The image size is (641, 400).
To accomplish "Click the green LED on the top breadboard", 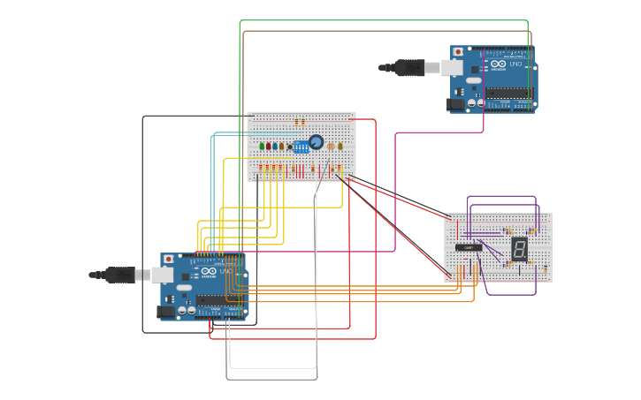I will [x=262, y=146].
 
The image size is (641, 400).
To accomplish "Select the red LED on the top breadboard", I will [x=269, y=146].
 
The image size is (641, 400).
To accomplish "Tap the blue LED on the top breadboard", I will [x=276, y=146].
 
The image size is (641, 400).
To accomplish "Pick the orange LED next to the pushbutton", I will [x=282, y=146].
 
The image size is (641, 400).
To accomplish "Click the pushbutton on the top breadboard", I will [x=290, y=147].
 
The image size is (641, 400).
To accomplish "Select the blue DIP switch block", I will [x=301, y=147].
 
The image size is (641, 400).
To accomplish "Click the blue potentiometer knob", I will [x=316, y=142].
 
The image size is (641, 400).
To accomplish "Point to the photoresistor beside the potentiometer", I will [x=331, y=147].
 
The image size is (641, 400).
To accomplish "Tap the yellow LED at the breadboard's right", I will [x=340, y=146].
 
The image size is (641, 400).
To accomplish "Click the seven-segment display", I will [x=520, y=248].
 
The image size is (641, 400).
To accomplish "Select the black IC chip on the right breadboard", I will [x=469, y=247].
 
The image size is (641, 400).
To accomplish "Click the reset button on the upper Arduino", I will [x=457, y=53].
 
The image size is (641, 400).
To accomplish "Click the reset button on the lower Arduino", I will [x=168, y=260].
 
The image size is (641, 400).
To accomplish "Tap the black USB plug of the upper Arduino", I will [x=409, y=67].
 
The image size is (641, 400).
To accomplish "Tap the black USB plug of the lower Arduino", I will [x=119, y=275].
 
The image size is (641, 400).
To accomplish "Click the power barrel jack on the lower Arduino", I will [x=166, y=311].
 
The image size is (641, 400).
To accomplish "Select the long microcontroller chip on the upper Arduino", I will [x=509, y=94].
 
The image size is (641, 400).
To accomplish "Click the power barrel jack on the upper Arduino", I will [x=456, y=103].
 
